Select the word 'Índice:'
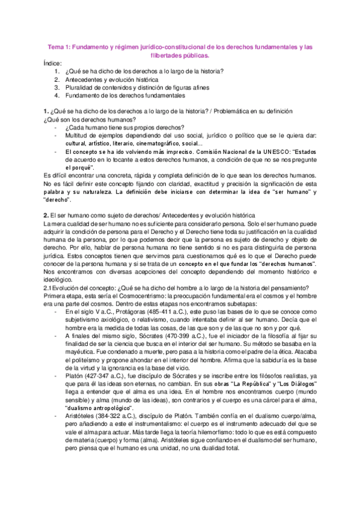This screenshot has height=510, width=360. [x=53, y=63]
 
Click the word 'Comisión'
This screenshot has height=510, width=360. [x=177, y=152]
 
